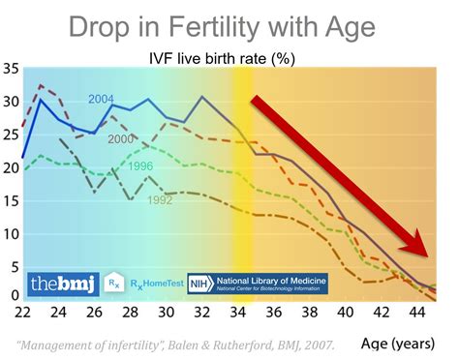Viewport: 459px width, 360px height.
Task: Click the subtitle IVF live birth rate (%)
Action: (x=234, y=58)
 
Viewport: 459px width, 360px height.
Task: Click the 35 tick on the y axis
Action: (x=12, y=70)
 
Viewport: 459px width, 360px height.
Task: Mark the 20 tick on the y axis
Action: (x=12, y=168)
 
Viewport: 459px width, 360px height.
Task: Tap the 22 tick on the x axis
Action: (x=21, y=314)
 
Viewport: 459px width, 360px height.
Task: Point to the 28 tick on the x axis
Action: (x=130, y=314)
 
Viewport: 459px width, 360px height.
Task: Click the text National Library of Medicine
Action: (x=273, y=279)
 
